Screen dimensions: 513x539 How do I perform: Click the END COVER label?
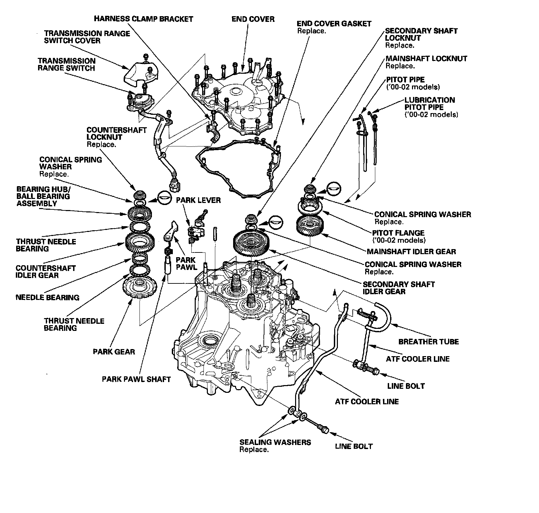click(x=253, y=19)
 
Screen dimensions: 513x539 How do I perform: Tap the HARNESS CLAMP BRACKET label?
click(x=143, y=19)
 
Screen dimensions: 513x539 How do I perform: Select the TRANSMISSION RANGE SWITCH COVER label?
click(x=87, y=37)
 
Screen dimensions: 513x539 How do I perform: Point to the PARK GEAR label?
click(x=114, y=352)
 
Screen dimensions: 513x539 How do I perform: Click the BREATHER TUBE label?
click(x=429, y=342)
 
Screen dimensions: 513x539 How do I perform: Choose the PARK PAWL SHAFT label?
click(x=136, y=379)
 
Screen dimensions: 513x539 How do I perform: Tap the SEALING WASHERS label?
click(x=275, y=442)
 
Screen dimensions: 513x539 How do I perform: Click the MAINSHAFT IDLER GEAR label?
click(x=411, y=251)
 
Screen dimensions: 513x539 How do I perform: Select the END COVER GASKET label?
click(x=334, y=24)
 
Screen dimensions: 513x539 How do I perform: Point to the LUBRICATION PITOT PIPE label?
click(x=430, y=104)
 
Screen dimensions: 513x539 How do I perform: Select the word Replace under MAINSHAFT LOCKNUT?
click(x=400, y=66)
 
